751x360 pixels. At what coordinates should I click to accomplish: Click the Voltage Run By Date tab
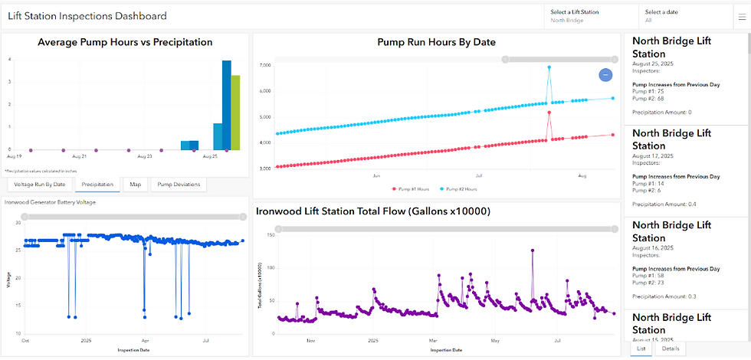point(40,185)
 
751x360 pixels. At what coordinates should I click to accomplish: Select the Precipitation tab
point(98,185)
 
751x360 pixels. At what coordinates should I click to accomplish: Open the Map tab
point(135,185)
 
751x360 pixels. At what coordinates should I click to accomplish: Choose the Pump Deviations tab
point(178,185)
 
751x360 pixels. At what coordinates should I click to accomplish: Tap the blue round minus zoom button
point(605,74)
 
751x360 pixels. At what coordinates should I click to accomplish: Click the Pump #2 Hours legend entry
point(461,188)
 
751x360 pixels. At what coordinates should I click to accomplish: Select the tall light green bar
point(236,112)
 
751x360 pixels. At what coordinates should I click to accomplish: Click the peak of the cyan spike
point(549,67)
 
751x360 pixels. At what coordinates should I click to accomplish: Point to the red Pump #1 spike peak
point(549,113)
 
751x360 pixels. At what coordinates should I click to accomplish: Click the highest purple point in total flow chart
point(532,250)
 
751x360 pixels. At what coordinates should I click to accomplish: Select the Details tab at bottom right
point(670,349)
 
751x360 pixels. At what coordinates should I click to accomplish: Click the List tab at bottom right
point(641,349)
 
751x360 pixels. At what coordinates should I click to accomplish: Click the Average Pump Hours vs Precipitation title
point(125,43)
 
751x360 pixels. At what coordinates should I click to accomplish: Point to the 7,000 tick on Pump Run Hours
point(264,66)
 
